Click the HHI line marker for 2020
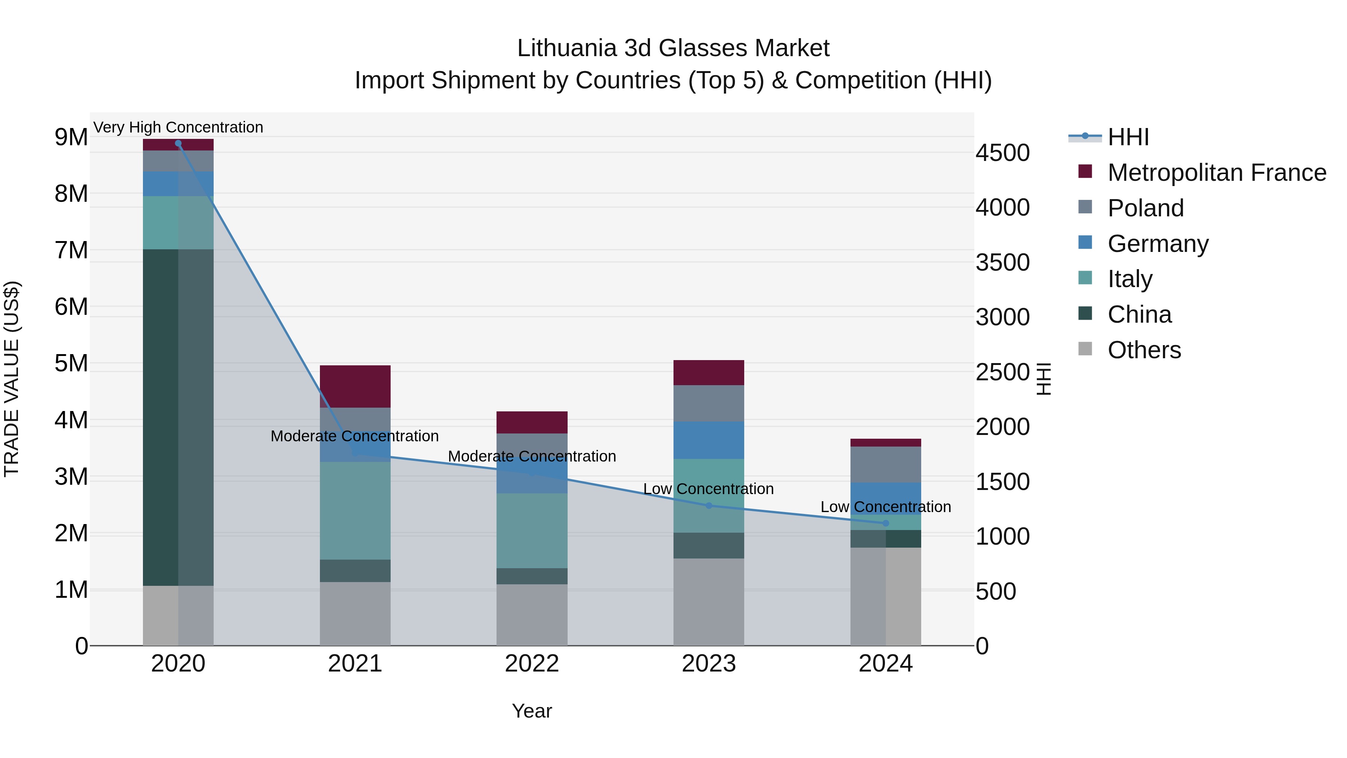click(x=178, y=143)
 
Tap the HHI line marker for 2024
click(x=885, y=523)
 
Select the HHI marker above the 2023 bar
click(x=709, y=505)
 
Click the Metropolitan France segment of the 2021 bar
click(x=355, y=386)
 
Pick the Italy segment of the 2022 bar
click(x=532, y=530)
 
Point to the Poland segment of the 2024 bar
click(x=885, y=464)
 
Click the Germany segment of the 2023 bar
click(x=709, y=440)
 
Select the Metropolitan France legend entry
click(x=1216, y=173)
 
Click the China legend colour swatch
click(x=1085, y=313)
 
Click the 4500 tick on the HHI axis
click(x=1002, y=153)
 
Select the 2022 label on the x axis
click(x=532, y=664)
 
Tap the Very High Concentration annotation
click(x=178, y=127)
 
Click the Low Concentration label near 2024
click(x=885, y=506)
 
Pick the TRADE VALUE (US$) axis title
click(x=12, y=379)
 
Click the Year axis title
click(x=532, y=711)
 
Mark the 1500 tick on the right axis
click(x=1002, y=482)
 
